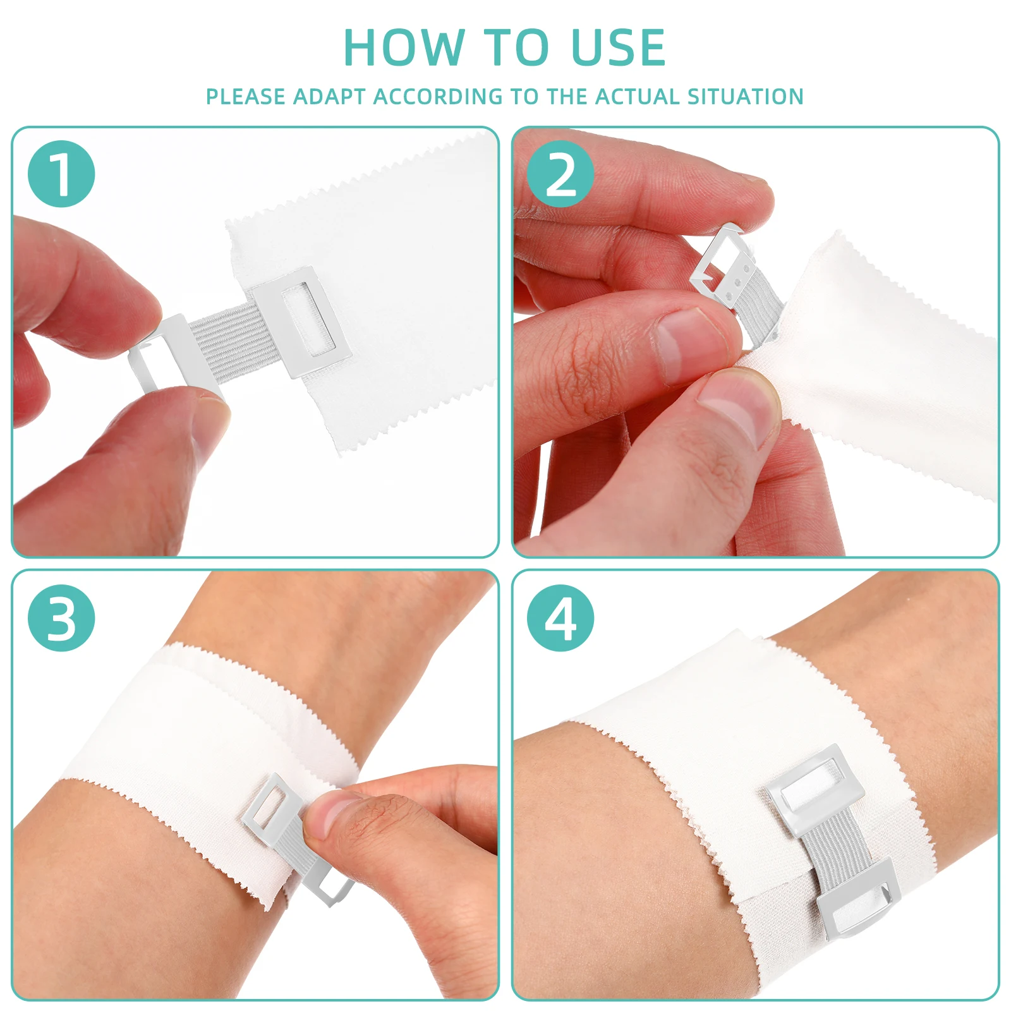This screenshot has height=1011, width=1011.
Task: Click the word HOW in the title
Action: (403, 47)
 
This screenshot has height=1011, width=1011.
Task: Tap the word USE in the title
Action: (617, 47)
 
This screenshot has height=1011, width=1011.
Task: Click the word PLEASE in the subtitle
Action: (245, 97)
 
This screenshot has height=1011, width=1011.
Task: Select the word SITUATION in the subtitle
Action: (745, 97)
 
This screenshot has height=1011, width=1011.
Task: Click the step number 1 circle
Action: (61, 174)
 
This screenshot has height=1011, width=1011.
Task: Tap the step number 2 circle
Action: (560, 174)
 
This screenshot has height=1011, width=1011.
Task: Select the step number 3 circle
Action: (61, 618)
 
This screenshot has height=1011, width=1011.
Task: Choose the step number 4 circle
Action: (560, 618)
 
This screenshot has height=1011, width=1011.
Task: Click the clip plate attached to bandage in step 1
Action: (302, 321)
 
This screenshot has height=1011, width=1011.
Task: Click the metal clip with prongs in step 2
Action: (720, 265)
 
